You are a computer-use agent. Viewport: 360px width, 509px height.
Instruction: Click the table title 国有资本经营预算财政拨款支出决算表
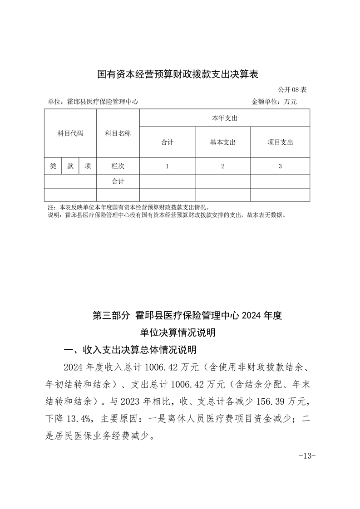(x=178, y=74)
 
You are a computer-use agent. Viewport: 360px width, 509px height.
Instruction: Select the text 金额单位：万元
(x=274, y=102)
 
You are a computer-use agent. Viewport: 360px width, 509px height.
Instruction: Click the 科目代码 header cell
(x=70, y=133)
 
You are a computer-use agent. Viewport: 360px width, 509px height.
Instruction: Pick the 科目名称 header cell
(x=118, y=133)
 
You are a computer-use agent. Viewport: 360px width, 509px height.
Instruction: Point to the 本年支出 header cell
(x=225, y=118)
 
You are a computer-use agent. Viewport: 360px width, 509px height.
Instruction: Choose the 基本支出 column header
(x=223, y=142)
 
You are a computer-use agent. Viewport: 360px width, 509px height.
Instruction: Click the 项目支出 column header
(x=280, y=142)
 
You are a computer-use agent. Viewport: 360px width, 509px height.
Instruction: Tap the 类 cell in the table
(x=53, y=166)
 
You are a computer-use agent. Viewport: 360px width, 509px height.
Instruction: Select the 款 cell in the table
(x=70, y=166)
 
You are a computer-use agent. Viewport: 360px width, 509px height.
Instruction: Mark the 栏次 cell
(x=118, y=166)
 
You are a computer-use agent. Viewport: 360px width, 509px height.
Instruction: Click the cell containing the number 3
(x=280, y=166)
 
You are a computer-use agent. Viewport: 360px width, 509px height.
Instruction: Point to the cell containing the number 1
(x=167, y=166)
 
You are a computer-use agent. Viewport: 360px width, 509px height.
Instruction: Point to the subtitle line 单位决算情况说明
(x=178, y=333)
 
